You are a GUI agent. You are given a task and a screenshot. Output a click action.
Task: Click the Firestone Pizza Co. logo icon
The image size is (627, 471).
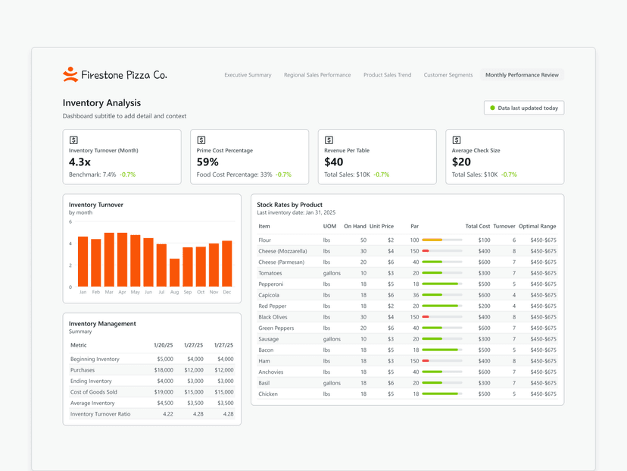tap(70, 74)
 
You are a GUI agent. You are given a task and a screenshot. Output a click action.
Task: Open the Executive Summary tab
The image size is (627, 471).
tap(248, 75)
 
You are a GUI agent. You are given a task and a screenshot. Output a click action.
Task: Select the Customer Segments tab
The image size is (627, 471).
tap(448, 75)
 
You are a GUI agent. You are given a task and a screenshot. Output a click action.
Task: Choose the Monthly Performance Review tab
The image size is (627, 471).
tap(522, 75)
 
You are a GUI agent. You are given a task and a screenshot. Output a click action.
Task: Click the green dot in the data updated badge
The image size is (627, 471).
tap(493, 108)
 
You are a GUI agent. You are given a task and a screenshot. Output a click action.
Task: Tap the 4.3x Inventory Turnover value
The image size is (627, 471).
tap(80, 162)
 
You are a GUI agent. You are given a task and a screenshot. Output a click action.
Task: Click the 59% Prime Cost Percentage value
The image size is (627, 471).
tap(207, 162)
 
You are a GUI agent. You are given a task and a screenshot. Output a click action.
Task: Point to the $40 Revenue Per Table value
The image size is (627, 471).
tap(334, 162)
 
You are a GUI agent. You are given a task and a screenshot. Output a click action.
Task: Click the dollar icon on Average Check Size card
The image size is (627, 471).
tap(457, 140)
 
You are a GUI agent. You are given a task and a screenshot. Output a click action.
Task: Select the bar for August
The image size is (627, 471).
tap(175, 272)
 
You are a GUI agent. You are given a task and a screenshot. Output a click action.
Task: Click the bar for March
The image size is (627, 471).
tap(109, 259)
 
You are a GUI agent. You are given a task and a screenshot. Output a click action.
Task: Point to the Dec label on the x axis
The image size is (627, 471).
tap(226, 292)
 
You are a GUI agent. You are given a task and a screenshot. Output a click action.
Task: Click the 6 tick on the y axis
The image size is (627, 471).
tap(70, 222)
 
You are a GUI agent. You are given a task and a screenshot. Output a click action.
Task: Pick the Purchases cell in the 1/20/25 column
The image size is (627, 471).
tap(164, 370)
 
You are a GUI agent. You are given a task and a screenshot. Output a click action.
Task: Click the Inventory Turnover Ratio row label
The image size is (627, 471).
tap(100, 414)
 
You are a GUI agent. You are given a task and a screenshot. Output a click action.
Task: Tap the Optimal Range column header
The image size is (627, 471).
tap(538, 226)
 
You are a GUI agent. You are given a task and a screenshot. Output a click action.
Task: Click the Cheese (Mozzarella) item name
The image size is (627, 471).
tap(282, 251)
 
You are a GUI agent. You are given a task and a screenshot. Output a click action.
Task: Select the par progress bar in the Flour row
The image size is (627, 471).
tap(441, 240)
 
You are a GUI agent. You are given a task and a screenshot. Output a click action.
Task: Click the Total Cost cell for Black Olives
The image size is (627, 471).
tap(483, 317)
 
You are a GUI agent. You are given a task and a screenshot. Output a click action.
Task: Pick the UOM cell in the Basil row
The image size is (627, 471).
tap(332, 383)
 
